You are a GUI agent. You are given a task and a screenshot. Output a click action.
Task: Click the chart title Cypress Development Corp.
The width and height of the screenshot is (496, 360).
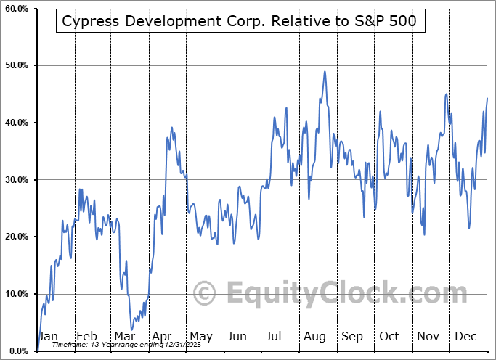pyautogui.click(x=239, y=21)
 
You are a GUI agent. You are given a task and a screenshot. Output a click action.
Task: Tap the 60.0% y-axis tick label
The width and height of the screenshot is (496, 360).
pyautogui.click(x=15, y=9)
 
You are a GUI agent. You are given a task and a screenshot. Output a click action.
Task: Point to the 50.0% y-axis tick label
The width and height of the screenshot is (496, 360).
pyautogui.click(x=15, y=66)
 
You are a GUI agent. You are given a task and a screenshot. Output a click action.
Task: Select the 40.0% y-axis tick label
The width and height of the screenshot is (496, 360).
pyautogui.click(x=15, y=123)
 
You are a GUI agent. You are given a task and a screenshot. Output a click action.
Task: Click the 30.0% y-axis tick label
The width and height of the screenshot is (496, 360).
pyautogui.click(x=15, y=180)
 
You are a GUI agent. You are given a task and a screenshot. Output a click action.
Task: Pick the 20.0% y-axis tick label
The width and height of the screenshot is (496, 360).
pyautogui.click(x=15, y=237)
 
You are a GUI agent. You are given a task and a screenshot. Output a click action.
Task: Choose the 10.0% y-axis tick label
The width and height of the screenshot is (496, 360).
pyautogui.click(x=15, y=294)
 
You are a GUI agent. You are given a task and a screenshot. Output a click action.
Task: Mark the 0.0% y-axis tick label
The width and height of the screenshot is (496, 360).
pyautogui.click(x=17, y=351)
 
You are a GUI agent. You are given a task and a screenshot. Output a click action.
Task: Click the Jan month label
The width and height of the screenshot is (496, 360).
pyautogui.click(x=48, y=337)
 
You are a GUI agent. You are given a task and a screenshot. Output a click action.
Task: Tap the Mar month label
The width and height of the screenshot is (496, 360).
pyautogui.click(x=123, y=337)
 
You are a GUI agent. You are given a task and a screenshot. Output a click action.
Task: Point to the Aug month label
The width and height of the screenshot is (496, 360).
pyautogui.click(x=314, y=337)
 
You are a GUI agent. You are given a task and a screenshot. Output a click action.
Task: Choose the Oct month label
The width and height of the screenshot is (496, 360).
pyautogui.click(x=389, y=337)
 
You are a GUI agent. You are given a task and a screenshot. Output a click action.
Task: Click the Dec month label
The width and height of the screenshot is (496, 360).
pyautogui.click(x=465, y=337)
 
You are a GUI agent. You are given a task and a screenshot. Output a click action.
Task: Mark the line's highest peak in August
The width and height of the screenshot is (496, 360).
pyautogui.click(x=325, y=71)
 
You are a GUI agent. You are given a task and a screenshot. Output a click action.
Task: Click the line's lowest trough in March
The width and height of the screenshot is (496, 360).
pyautogui.click(x=132, y=330)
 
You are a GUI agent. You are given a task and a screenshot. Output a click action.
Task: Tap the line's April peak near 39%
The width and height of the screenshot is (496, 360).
pyautogui.click(x=172, y=128)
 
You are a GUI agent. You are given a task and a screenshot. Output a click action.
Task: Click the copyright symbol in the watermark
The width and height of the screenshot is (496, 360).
pyautogui.click(x=205, y=294)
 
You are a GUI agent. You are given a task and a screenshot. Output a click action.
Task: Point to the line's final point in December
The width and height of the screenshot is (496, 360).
pyautogui.click(x=487, y=98)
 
